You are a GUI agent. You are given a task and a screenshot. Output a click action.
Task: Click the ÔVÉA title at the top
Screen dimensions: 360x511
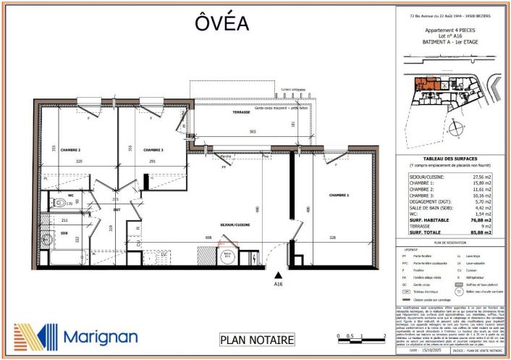(x=221, y=24)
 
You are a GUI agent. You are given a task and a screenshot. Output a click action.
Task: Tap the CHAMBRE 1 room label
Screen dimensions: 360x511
(x=339, y=196)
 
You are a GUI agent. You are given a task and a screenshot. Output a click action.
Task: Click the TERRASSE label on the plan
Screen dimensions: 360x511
(x=242, y=112)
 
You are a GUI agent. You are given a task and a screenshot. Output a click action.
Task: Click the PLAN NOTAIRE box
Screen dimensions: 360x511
(x=257, y=339)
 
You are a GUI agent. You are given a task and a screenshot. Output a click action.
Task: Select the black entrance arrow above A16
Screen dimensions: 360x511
(x=278, y=275)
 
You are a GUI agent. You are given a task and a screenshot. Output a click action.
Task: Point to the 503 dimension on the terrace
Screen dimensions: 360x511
(x=253, y=132)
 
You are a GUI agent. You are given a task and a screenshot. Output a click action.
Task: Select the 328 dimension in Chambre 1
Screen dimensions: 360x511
(x=332, y=238)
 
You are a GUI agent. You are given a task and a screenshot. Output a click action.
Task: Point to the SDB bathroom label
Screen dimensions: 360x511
(x=64, y=233)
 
